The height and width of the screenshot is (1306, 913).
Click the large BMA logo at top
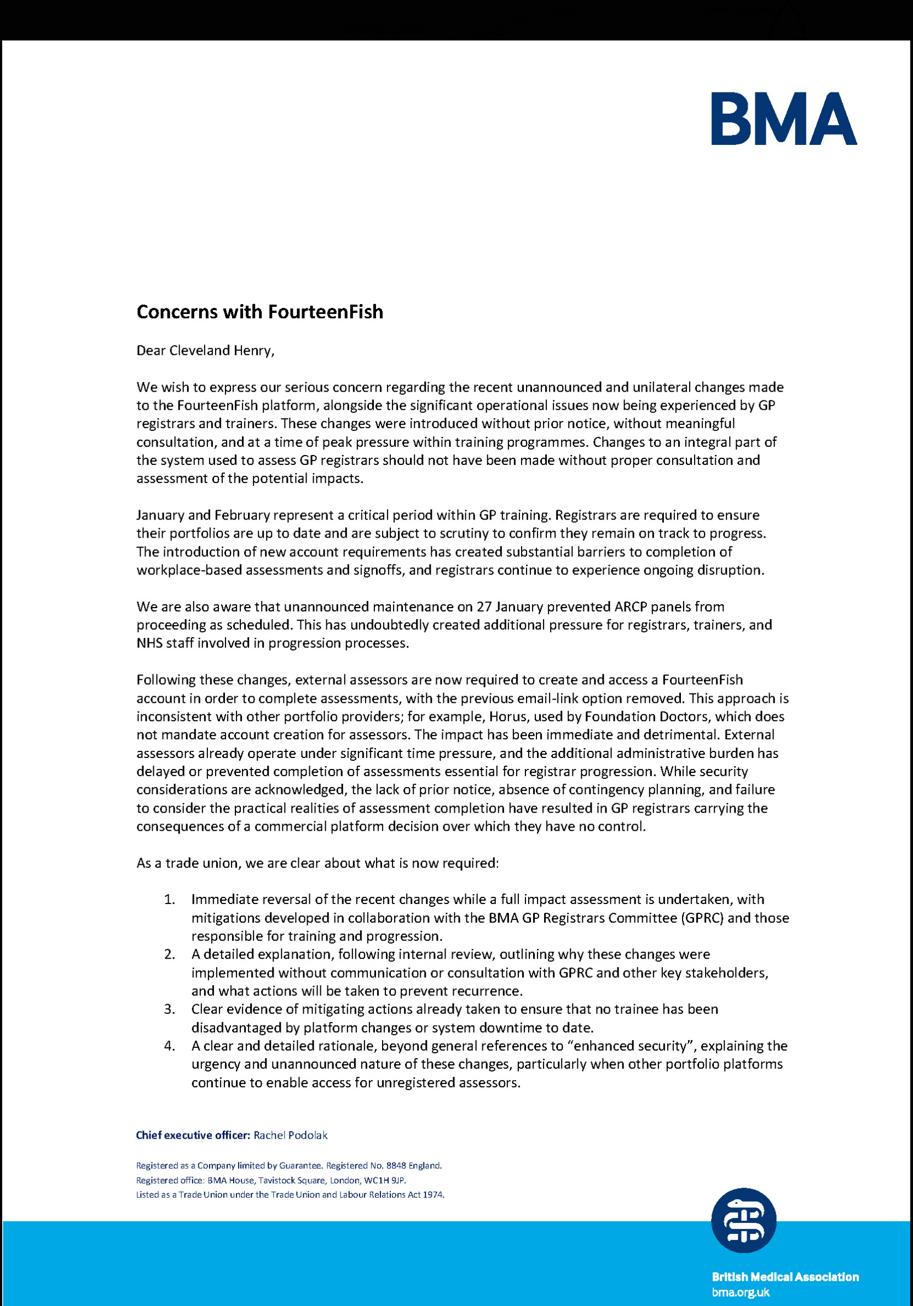(784, 119)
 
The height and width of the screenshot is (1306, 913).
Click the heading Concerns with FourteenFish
(259, 312)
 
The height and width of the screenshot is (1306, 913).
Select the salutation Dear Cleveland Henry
(205, 351)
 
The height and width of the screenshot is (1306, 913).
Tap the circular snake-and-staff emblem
(743, 1220)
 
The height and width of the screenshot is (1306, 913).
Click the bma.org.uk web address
(741, 1292)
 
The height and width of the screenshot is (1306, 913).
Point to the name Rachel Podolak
(290, 1135)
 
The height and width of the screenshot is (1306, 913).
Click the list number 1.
(169, 899)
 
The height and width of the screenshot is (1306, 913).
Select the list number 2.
(169, 954)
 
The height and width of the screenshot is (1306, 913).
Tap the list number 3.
(169, 1009)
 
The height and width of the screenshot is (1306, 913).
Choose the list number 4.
(169, 1046)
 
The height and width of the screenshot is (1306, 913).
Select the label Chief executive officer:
(193, 1135)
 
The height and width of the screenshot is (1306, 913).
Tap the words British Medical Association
(785, 1277)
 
